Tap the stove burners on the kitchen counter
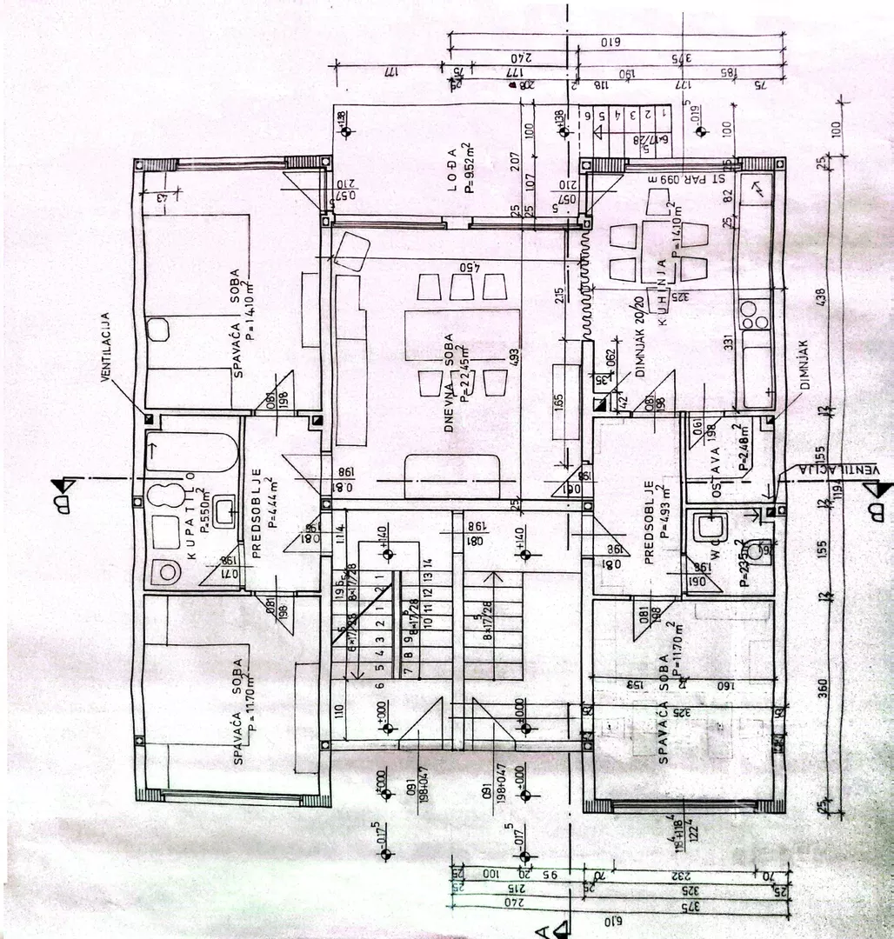point(755,315)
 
